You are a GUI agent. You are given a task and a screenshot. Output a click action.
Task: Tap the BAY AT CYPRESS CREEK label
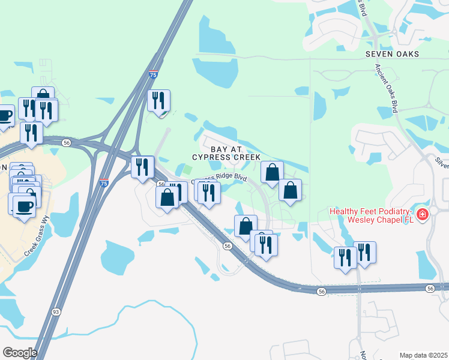click(x=226, y=152)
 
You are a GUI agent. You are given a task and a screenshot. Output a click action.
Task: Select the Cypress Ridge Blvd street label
click(x=219, y=179)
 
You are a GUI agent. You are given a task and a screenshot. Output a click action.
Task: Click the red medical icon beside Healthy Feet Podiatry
click(x=423, y=214)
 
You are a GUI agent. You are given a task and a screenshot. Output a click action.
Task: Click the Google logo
click(x=19, y=352)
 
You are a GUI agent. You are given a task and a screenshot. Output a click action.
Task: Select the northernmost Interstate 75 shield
click(x=154, y=75)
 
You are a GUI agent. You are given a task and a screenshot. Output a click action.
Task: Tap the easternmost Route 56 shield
click(x=430, y=289)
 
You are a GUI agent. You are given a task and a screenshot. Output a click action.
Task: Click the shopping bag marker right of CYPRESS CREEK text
click(x=272, y=172)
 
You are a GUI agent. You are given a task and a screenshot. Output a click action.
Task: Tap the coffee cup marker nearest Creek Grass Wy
click(x=24, y=206)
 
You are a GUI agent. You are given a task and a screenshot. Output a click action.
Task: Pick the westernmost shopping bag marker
click(x=43, y=96)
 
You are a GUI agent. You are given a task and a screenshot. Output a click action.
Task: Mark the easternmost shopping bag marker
click(x=290, y=190)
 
